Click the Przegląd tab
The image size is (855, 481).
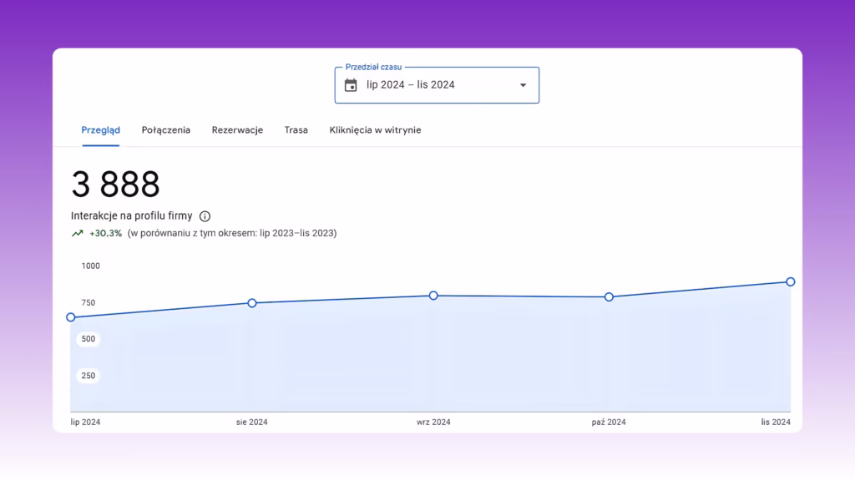point(100,130)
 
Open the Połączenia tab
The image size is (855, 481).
point(166,130)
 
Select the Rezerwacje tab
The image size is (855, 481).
point(237,130)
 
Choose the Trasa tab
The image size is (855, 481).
point(296,130)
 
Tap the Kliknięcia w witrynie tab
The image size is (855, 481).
point(375,130)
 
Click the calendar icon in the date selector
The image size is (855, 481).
point(351,85)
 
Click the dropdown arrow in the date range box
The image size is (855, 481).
point(523,85)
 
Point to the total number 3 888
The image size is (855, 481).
point(115,184)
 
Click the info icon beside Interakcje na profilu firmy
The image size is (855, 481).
point(205,216)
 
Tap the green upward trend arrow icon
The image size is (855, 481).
point(78,234)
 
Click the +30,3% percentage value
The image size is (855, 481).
point(106,234)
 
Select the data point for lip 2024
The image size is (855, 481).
point(71,317)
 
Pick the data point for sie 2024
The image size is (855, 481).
point(252,303)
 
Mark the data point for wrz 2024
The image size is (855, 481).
point(433,296)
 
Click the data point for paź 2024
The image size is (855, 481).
point(609,297)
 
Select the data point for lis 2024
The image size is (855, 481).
point(791,282)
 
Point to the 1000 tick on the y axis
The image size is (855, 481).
point(90,266)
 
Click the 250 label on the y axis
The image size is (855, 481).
point(89,376)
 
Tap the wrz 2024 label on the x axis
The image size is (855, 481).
point(433,422)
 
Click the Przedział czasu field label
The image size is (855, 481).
point(373,67)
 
